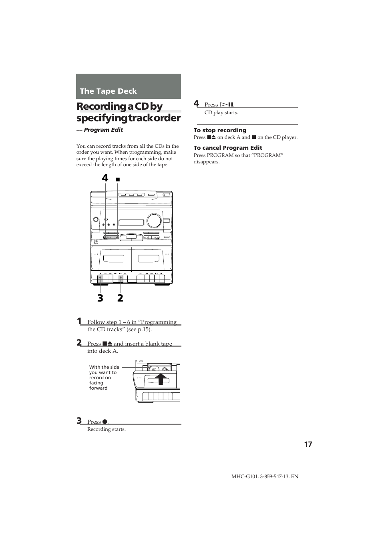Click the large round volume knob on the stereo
[x=154, y=220]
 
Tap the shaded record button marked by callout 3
[x=100, y=278]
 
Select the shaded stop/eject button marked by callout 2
[x=120, y=278]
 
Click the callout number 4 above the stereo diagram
[x=105, y=178]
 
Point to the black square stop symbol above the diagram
[x=118, y=180]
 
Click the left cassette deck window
[x=114, y=258]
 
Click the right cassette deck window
[x=149, y=258]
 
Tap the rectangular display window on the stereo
[x=131, y=223]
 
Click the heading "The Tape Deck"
[x=108, y=91]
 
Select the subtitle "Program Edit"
[x=103, y=130]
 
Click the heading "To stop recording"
[x=220, y=130]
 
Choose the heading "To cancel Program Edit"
[x=228, y=148]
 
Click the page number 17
[x=308, y=444]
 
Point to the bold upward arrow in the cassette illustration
[x=161, y=378]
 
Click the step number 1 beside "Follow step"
[x=79, y=321]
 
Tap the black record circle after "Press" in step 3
[x=105, y=422]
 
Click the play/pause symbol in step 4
[x=227, y=105]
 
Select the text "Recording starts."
[x=107, y=429]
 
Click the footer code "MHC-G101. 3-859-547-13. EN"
[x=265, y=477]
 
